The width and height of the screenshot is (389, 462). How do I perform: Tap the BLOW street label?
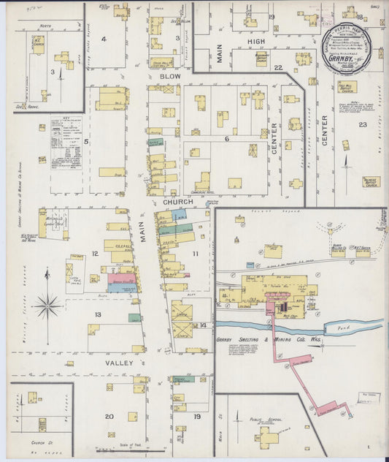[169, 75]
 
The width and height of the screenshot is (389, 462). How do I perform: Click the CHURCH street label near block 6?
[178, 202]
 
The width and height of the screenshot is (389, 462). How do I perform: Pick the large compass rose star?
[48, 304]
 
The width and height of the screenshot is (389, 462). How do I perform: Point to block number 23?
[362, 125]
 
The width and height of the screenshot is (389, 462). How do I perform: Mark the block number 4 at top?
[104, 39]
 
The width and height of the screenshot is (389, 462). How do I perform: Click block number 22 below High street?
[277, 67]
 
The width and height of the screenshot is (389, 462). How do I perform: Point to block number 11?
[195, 253]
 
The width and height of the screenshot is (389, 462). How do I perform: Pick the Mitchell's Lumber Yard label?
[53, 219]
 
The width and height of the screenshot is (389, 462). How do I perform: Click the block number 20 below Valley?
[109, 416]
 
